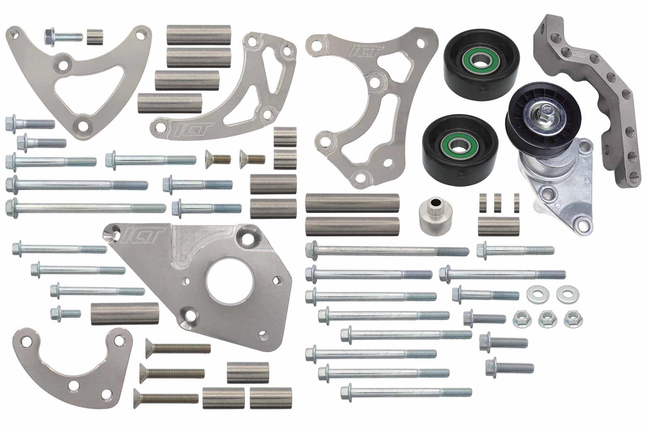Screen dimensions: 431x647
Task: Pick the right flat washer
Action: pos(565,294)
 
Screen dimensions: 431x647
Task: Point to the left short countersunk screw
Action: pos(218,158)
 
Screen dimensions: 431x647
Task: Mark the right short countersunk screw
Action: pos(252,157)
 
